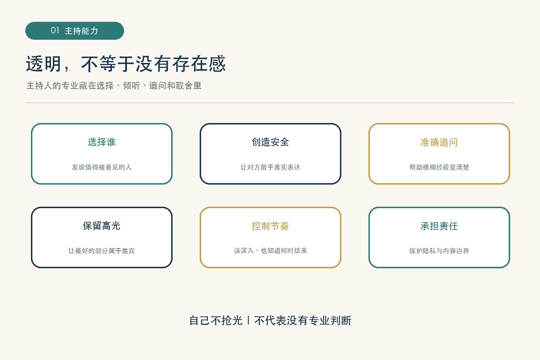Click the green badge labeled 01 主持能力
point(75,31)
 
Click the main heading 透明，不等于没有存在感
point(126,64)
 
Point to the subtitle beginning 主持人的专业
point(114,85)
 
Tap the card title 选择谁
point(102,142)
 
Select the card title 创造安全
point(270,142)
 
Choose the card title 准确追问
point(439,142)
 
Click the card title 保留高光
point(102,226)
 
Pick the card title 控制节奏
point(270,226)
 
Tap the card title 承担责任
point(439,226)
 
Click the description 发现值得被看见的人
point(102,167)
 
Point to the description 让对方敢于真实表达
point(270,167)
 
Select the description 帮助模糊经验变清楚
point(439,167)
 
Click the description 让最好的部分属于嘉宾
point(102,251)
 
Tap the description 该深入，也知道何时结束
point(270,251)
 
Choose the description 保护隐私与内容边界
point(439,251)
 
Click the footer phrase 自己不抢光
point(216,321)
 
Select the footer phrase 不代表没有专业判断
point(303,321)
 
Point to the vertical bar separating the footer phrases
point(248,321)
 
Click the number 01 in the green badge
point(55,30)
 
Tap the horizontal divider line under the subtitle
point(270,103)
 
